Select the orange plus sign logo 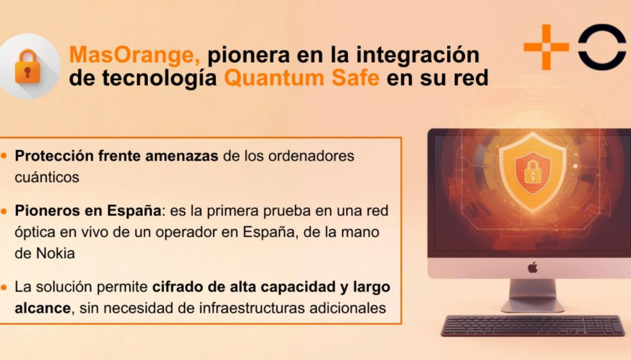tap(546, 46)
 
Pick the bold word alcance tap(42, 308)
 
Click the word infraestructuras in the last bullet tap(235, 308)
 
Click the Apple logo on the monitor tap(533, 267)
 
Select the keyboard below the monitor tap(533, 325)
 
